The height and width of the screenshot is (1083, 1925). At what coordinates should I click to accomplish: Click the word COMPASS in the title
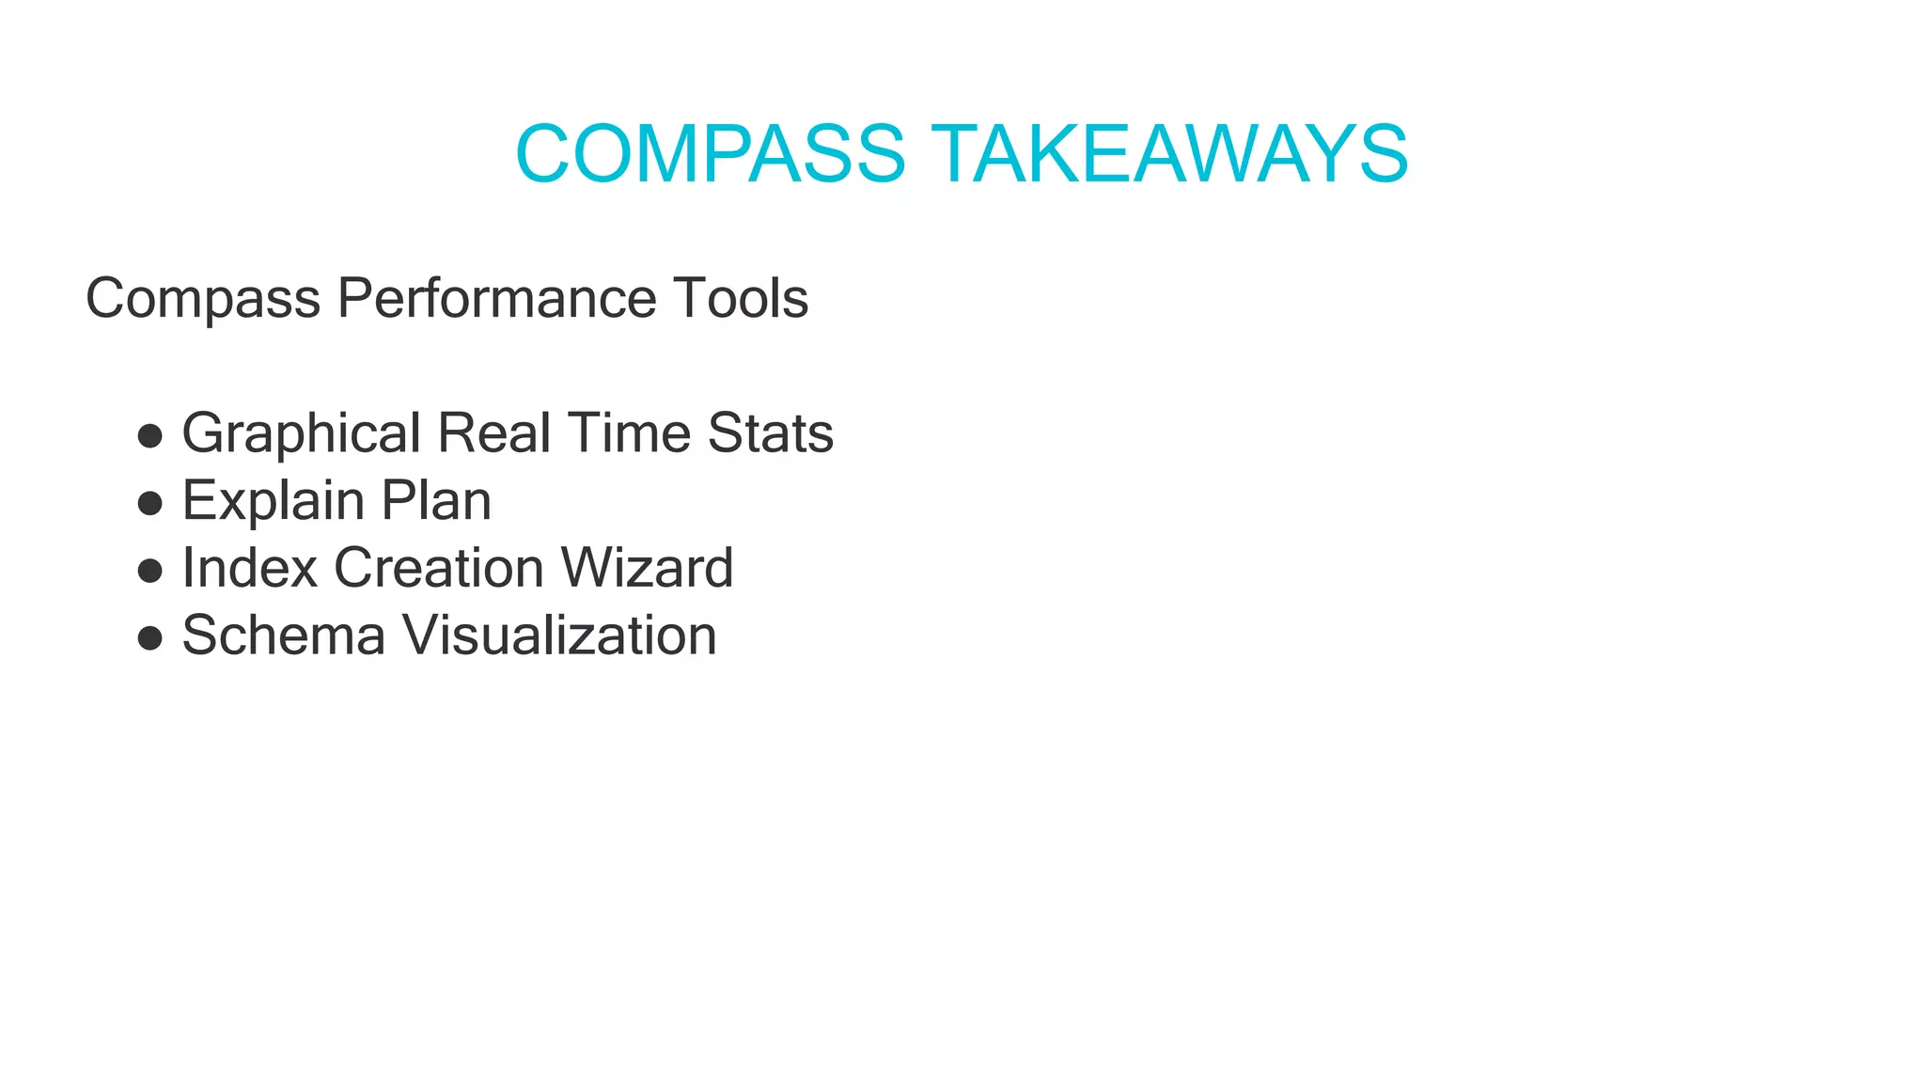[711, 154]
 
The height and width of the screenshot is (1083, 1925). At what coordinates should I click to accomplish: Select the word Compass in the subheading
[203, 299]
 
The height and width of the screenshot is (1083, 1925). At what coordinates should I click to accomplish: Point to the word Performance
[496, 299]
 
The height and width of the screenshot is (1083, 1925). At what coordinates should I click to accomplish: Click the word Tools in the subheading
[740, 299]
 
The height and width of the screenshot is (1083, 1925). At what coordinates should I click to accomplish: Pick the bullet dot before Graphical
[150, 436]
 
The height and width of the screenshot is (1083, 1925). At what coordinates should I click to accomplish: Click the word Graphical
[301, 434]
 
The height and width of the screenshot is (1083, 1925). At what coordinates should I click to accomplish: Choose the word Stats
[770, 433]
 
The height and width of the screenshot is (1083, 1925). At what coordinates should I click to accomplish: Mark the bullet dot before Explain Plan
[150, 504]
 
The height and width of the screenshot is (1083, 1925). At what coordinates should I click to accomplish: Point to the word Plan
[436, 500]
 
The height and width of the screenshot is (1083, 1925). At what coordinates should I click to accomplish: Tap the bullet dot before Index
[150, 571]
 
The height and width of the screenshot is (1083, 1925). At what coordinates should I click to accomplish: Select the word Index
[250, 568]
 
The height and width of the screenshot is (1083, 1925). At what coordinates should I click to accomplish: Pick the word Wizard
[647, 568]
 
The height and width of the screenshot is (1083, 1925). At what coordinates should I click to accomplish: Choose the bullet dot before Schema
[150, 638]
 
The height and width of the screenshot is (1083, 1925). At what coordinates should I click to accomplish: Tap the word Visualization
[560, 636]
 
